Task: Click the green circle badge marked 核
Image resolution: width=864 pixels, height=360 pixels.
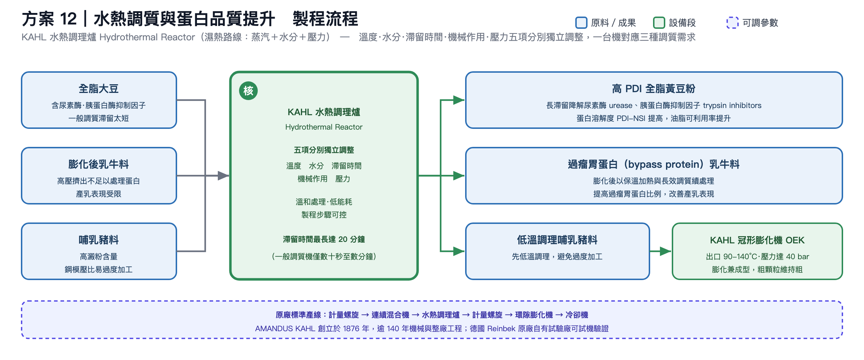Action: [x=248, y=91]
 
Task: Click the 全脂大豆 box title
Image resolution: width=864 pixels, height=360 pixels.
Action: [x=99, y=89]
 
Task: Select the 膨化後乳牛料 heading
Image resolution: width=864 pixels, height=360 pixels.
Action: [x=99, y=164]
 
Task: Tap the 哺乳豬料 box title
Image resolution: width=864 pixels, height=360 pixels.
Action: [x=99, y=240]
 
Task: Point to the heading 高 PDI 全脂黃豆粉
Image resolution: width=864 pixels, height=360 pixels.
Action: [x=654, y=89]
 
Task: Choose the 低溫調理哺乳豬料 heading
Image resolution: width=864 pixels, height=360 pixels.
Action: [x=557, y=240]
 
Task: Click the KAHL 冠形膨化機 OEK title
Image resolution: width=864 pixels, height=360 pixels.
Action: [x=757, y=240]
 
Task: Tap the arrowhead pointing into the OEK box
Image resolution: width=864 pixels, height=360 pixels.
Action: [x=666, y=251]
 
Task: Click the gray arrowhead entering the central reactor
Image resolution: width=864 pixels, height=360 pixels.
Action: [x=224, y=176]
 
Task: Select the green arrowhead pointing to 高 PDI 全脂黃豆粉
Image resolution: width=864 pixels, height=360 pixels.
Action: [x=459, y=100]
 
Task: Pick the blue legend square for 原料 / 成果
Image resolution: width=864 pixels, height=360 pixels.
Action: [x=581, y=22]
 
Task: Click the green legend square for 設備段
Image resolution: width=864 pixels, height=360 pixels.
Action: [x=659, y=22]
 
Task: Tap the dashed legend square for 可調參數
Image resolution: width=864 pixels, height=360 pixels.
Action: [x=733, y=22]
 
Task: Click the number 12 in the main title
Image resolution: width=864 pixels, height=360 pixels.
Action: [x=68, y=19]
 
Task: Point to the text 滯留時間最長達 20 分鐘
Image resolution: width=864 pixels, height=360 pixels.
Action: [x=324, y=239]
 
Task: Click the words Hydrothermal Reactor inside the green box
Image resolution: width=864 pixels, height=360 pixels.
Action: [x=324, y=127]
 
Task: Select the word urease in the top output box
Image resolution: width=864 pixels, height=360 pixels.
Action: [x=621, y=105]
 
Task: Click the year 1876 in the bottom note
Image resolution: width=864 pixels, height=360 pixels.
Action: [x=351, y=329]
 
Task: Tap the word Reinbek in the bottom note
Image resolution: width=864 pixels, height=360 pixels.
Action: [x=501, y=329]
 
